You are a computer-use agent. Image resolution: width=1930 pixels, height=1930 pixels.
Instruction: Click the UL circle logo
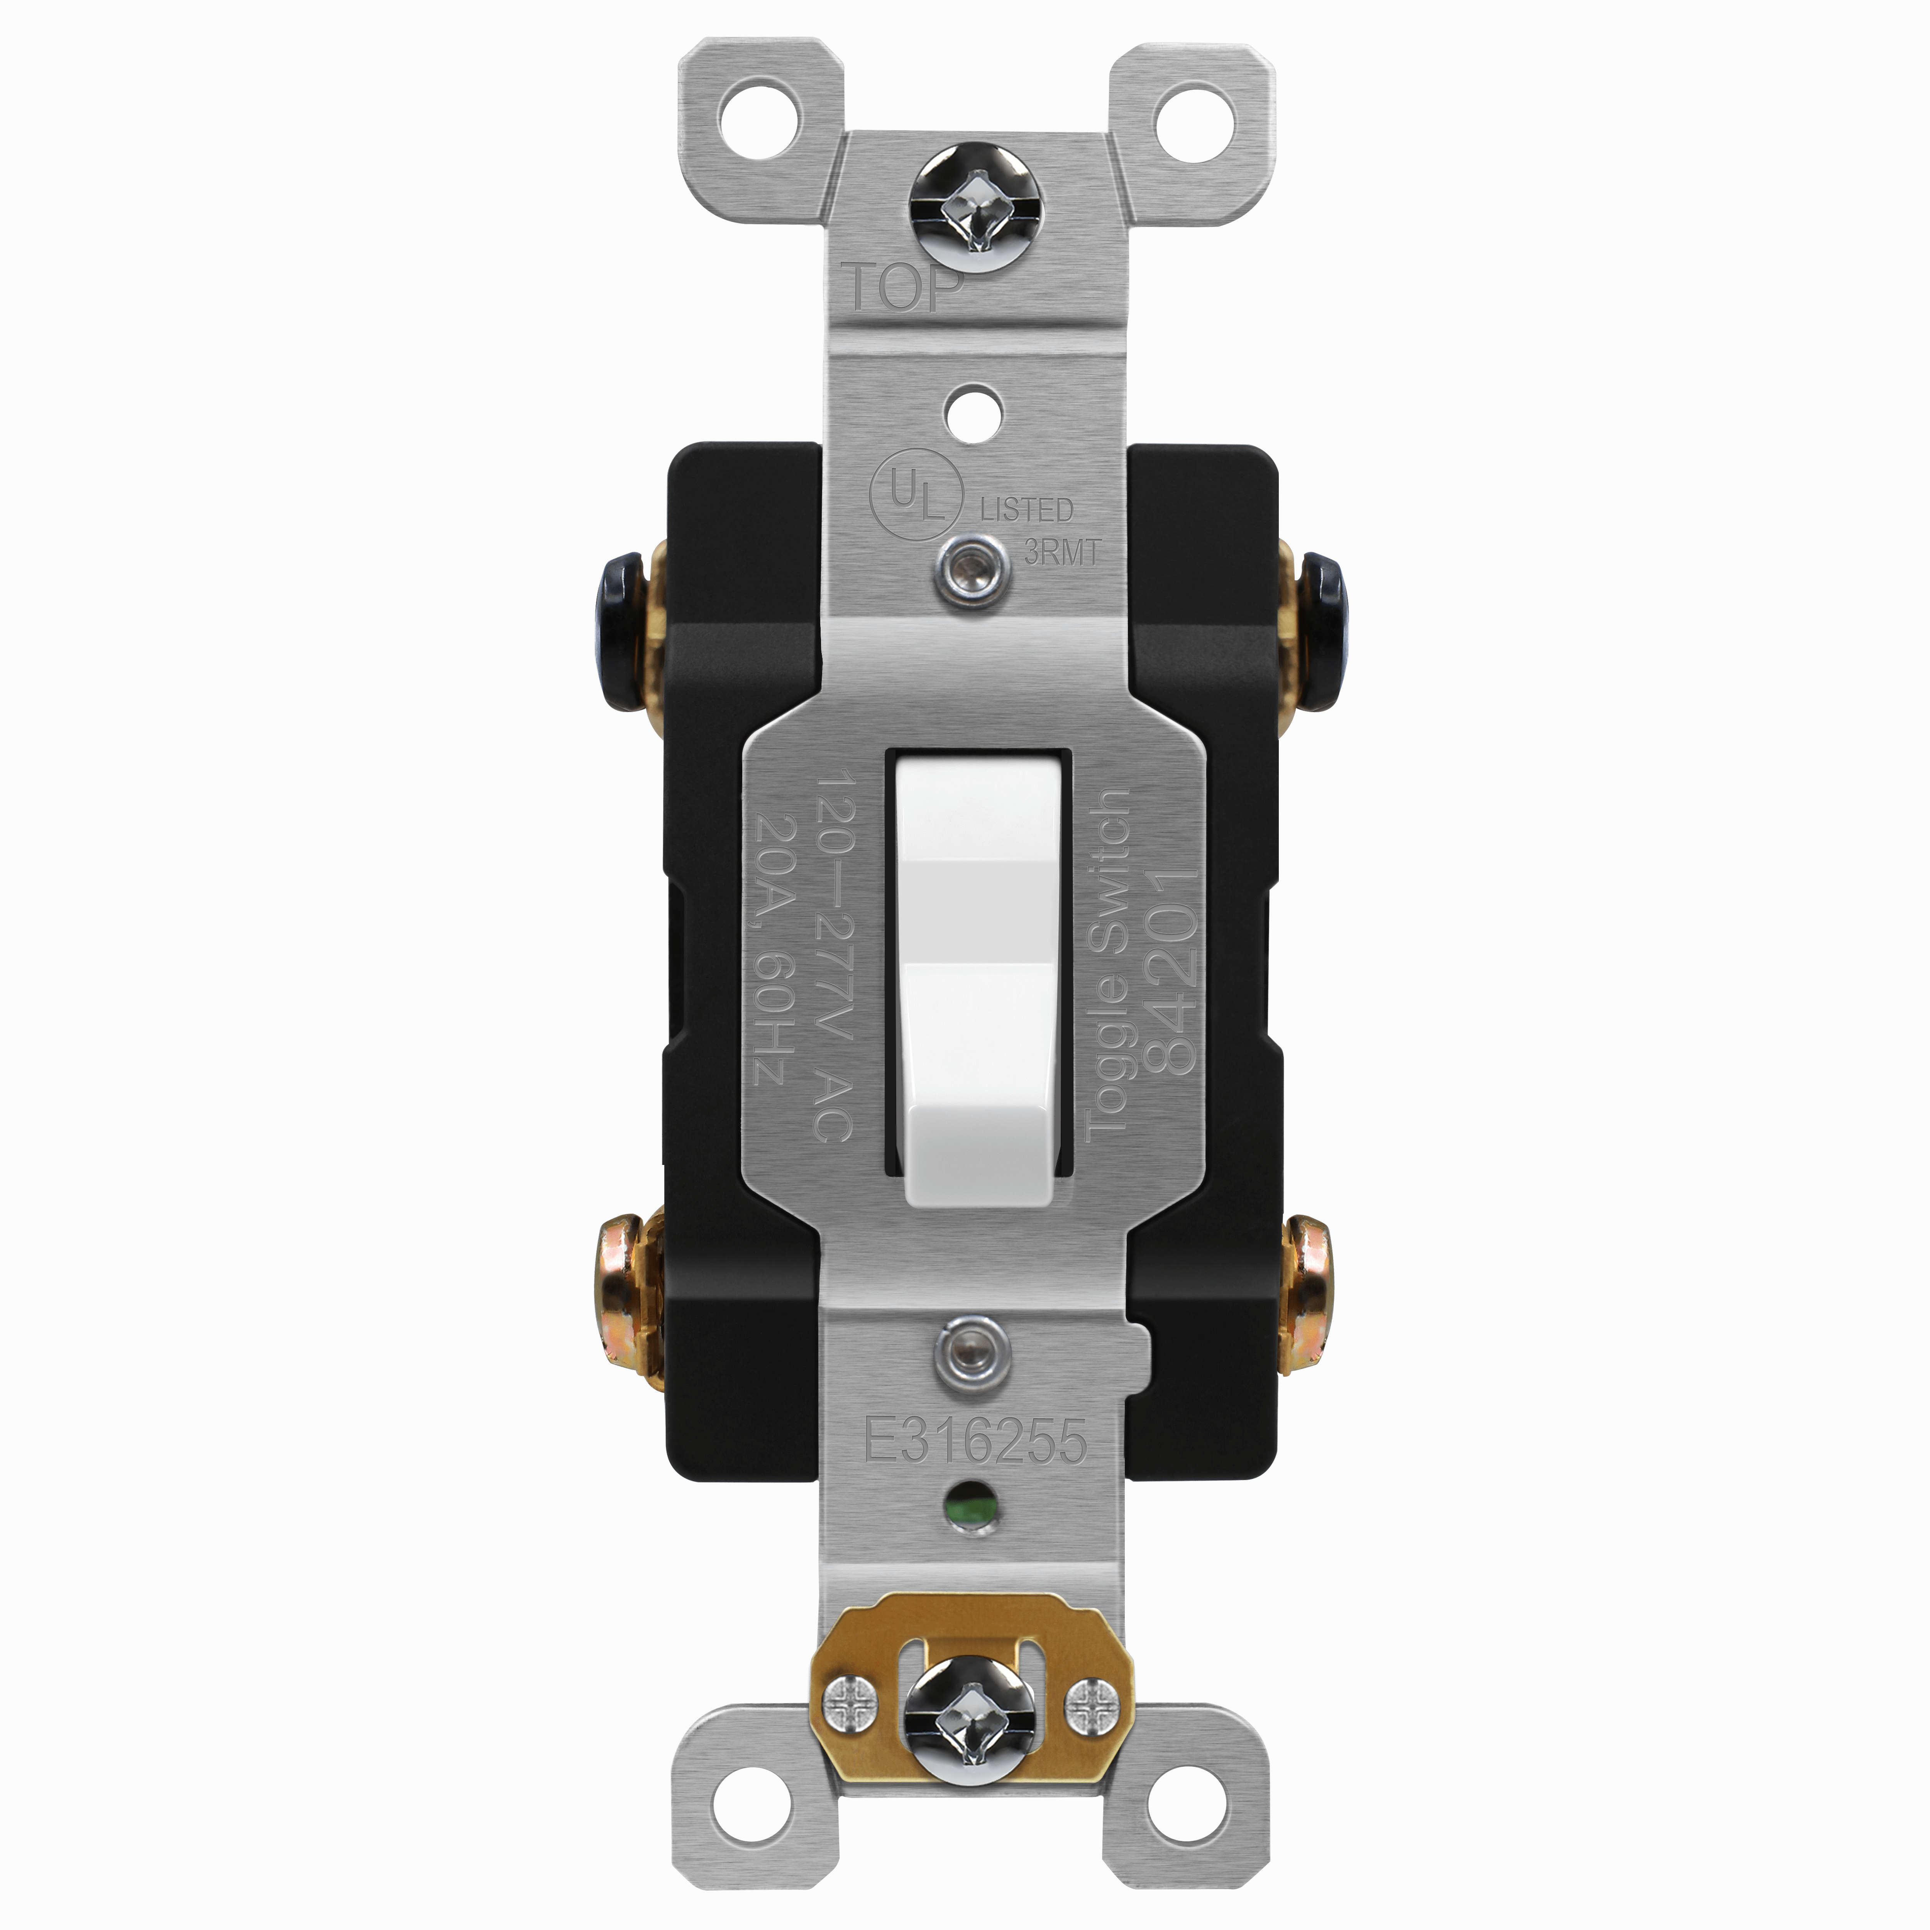tap(916, 496)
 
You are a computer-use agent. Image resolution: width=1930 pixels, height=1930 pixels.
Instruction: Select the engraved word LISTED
tap(1026, 510)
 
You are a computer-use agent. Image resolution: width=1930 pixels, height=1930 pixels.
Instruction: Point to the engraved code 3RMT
tap(1062, 552)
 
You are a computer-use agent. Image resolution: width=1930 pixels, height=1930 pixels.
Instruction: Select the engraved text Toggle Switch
tap(1107, 964)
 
